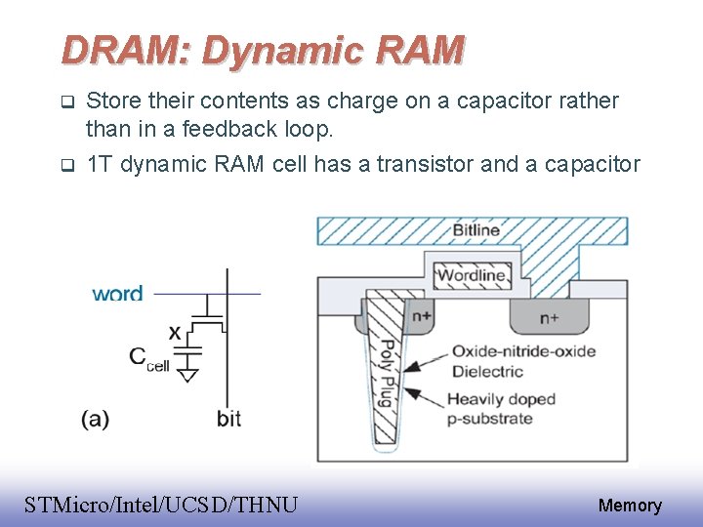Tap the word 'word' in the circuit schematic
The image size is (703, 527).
pos(117,293)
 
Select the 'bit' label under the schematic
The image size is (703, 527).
pos(228,419)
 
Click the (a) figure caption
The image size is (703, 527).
pos(95,419)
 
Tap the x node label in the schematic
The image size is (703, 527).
pos(175,333)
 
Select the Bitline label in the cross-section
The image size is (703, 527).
pos(476,230)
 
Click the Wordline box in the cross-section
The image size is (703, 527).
pos(472,275)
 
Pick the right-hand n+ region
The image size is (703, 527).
pos(549,317)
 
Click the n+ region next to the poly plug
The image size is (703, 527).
pos(422,317)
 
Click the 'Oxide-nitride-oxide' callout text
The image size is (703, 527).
pos(522,351)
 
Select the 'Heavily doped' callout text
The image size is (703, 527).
pos(501,399)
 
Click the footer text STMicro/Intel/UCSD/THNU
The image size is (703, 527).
pos(161,505)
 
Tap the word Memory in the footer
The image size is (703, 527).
pos(630,506)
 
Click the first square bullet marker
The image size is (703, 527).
pos(66,101)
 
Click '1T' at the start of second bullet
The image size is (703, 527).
pos(98,164)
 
